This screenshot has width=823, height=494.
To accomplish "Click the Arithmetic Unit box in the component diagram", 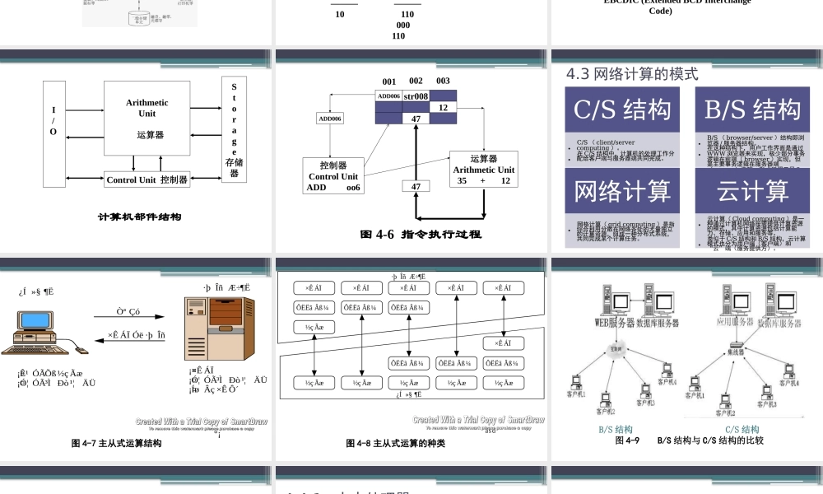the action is (146, 117).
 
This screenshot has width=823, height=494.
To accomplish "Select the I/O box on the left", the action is (54, 133).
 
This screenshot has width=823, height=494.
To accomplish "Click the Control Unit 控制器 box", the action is (147, 179).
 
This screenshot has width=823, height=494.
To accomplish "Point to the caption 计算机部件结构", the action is (140, 217).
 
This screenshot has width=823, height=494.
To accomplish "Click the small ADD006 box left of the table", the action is (330, 119).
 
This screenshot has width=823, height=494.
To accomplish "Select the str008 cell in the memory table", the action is (416, 96).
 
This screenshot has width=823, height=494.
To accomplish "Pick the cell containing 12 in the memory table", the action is (443, 108).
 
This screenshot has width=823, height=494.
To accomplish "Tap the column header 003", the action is (443, 82).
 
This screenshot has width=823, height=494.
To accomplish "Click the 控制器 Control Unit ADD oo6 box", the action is (332, 176).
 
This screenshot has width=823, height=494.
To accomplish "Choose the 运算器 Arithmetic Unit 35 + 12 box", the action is (483, 170).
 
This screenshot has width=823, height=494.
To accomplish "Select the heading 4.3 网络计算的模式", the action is (632, 74).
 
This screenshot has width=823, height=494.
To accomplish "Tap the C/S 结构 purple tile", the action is (622, 110).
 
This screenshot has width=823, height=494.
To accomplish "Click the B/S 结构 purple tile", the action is (752, 110).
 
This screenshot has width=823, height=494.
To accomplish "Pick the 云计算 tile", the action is (752, 191).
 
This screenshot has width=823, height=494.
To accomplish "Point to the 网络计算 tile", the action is (622, 191).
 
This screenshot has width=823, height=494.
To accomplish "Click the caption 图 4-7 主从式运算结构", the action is (116, 443).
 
